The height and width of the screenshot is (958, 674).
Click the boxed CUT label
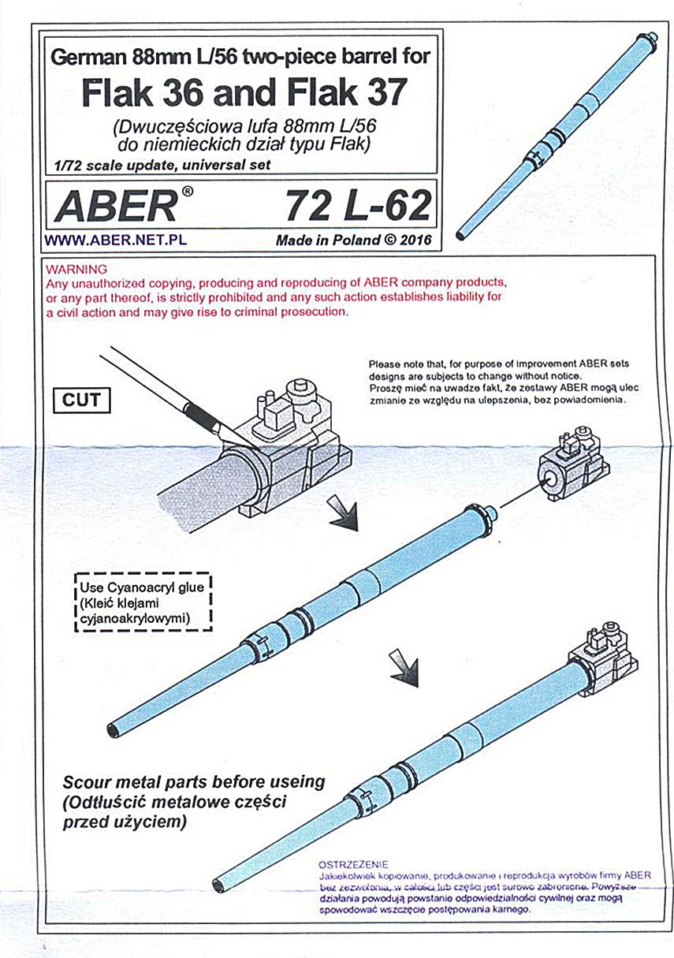click(81, 400)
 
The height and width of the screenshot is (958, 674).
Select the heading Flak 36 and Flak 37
click(244, 94)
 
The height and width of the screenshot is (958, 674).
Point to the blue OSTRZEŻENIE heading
click(352, 864)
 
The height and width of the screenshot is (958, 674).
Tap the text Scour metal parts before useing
click(193, 781)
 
